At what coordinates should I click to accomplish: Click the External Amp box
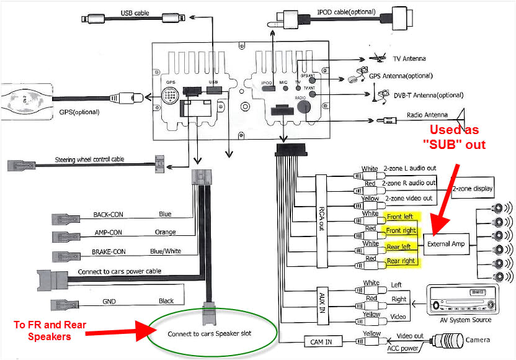click(445, 244)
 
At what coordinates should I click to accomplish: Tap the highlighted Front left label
click(399, 217)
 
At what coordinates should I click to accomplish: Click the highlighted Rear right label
click(401, 261)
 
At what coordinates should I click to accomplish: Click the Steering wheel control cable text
click(89, 159)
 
